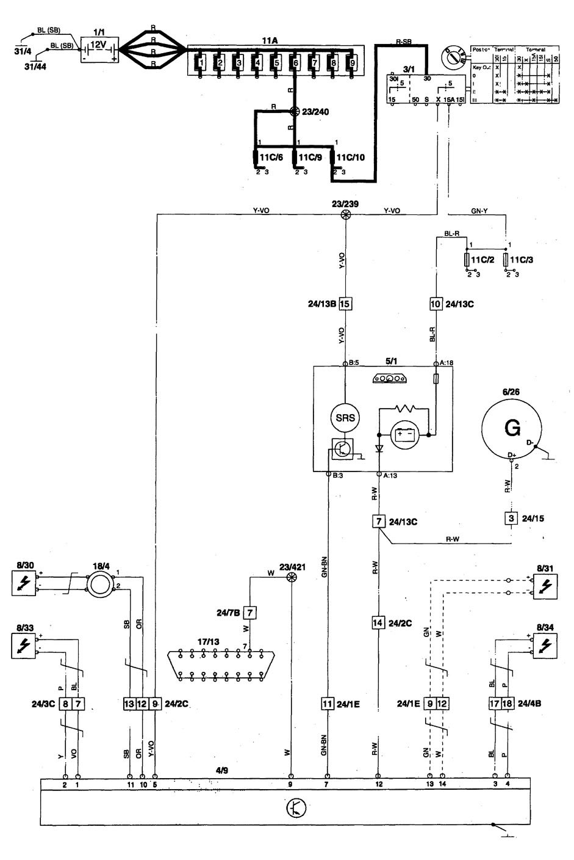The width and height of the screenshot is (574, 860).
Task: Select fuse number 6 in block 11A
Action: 295,62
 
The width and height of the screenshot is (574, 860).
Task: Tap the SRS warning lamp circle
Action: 345,418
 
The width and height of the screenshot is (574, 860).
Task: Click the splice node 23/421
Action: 292,577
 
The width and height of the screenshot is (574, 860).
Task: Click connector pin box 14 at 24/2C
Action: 379,623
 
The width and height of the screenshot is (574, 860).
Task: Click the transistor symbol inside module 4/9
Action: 295,808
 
